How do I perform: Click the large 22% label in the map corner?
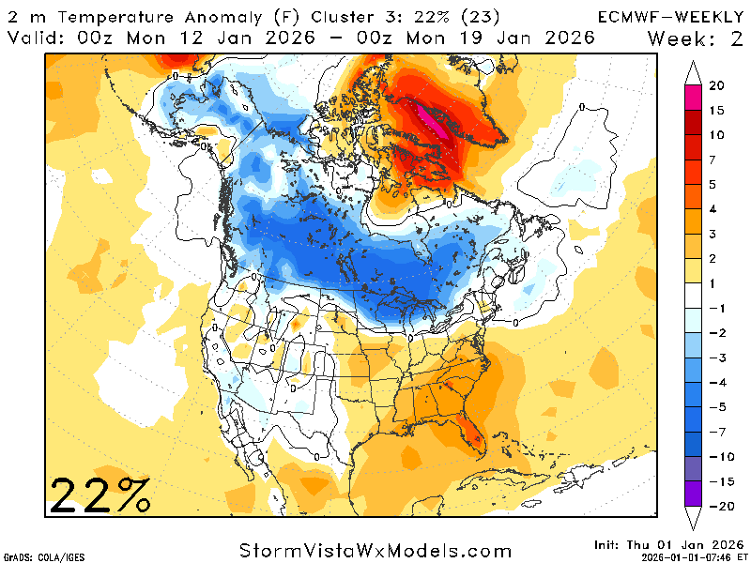pos(100,494)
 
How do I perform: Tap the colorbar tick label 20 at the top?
pos(716,85)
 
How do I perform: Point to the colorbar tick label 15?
pos(716,110)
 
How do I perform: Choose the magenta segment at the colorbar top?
pos(695,98)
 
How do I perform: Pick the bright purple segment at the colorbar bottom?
pos(695,495)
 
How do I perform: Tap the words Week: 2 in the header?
pos(695,38)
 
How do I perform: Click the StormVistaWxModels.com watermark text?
pos(375,549)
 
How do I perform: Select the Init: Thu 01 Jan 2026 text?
pos(667,544)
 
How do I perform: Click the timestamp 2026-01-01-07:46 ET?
pos(689,556)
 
